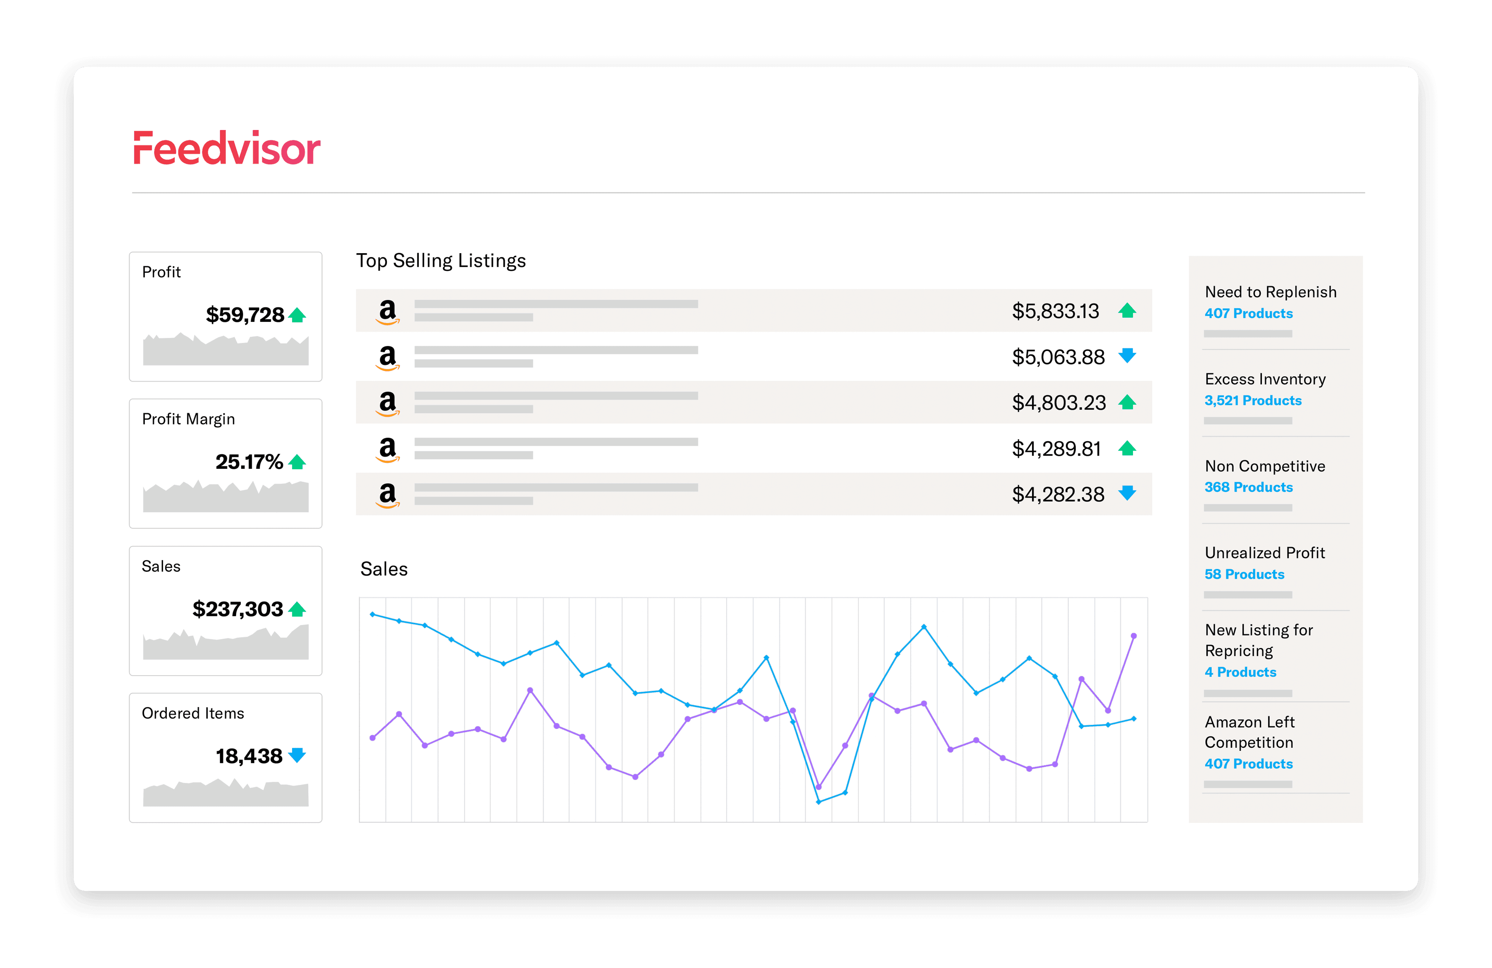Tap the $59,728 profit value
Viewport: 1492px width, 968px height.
tap(245, 315)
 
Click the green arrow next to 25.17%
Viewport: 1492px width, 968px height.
tap(297, 462)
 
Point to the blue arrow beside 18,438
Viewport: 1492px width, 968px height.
tap(297, 755)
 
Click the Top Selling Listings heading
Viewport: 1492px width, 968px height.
tap(441, 261)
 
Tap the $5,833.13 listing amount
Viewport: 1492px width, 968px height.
tap(1056, 311)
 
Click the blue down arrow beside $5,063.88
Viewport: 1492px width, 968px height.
tap(1127, 356)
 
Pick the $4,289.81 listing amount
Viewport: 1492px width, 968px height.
tap(1056, 449)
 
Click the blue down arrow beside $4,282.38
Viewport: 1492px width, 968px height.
tap(1127, 493)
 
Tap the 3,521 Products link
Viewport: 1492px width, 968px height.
tap(1252, 400)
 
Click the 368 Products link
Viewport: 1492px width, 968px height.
tap(1248, 487)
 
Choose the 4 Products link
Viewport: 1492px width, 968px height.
tap(1240, 672)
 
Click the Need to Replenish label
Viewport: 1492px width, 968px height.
tap(1271, 292)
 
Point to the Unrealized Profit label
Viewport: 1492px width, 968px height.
tap(1264, 553)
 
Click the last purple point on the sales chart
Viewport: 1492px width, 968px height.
tap(1133, 636)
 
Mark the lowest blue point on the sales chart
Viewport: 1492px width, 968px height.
tap(819, 802)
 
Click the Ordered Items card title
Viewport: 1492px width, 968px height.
tap(192, 713)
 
